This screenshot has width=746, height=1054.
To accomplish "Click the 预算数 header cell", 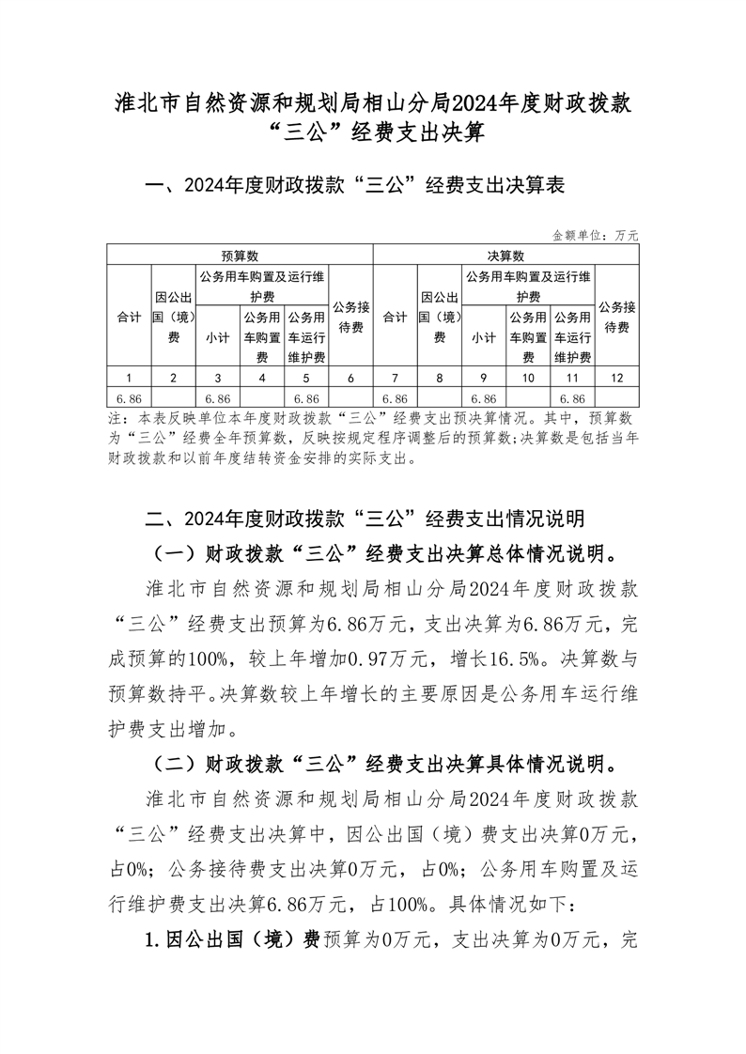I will tap(240, 255).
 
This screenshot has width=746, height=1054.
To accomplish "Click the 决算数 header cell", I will tap(505, 255).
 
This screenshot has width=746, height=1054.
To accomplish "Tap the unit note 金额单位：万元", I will tap(595, 235).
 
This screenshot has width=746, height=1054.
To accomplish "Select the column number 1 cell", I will tap(129, 378).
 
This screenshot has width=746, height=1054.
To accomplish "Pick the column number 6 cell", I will tap(350, 378).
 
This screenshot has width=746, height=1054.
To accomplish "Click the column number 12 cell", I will tap(617, 378).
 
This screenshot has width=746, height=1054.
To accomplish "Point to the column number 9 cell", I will tap(484, 378).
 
